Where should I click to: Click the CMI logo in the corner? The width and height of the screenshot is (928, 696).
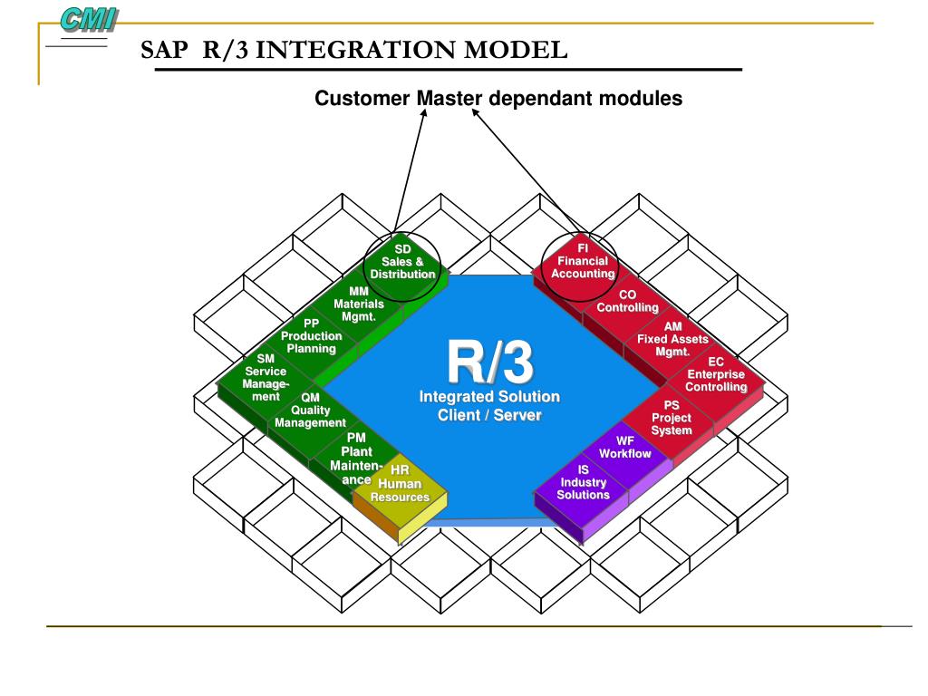(89, 18)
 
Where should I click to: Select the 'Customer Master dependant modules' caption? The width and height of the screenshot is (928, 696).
(498, 98)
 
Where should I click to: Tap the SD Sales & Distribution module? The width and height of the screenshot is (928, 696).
(402, 262)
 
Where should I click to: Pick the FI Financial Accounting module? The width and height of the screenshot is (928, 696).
(583, 261)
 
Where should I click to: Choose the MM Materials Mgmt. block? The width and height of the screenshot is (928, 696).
(358, 304)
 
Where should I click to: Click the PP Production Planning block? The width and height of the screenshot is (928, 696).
(311, 335)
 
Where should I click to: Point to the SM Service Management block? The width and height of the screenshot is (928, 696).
(265, 377)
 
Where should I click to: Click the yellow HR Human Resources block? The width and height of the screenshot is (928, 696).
(400, 484)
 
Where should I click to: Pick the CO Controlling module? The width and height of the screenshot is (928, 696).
(627, 302)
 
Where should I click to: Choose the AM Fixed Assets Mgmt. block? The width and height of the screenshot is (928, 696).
(672, 339)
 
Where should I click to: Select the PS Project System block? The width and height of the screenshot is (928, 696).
(672, 418)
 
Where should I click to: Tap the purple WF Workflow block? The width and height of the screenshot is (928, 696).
(625, 448)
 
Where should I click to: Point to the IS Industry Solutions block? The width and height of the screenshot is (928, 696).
(583, 482)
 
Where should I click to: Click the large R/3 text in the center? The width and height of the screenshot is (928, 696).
(489, 360)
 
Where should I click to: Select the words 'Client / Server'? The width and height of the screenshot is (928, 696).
(489, 415)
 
